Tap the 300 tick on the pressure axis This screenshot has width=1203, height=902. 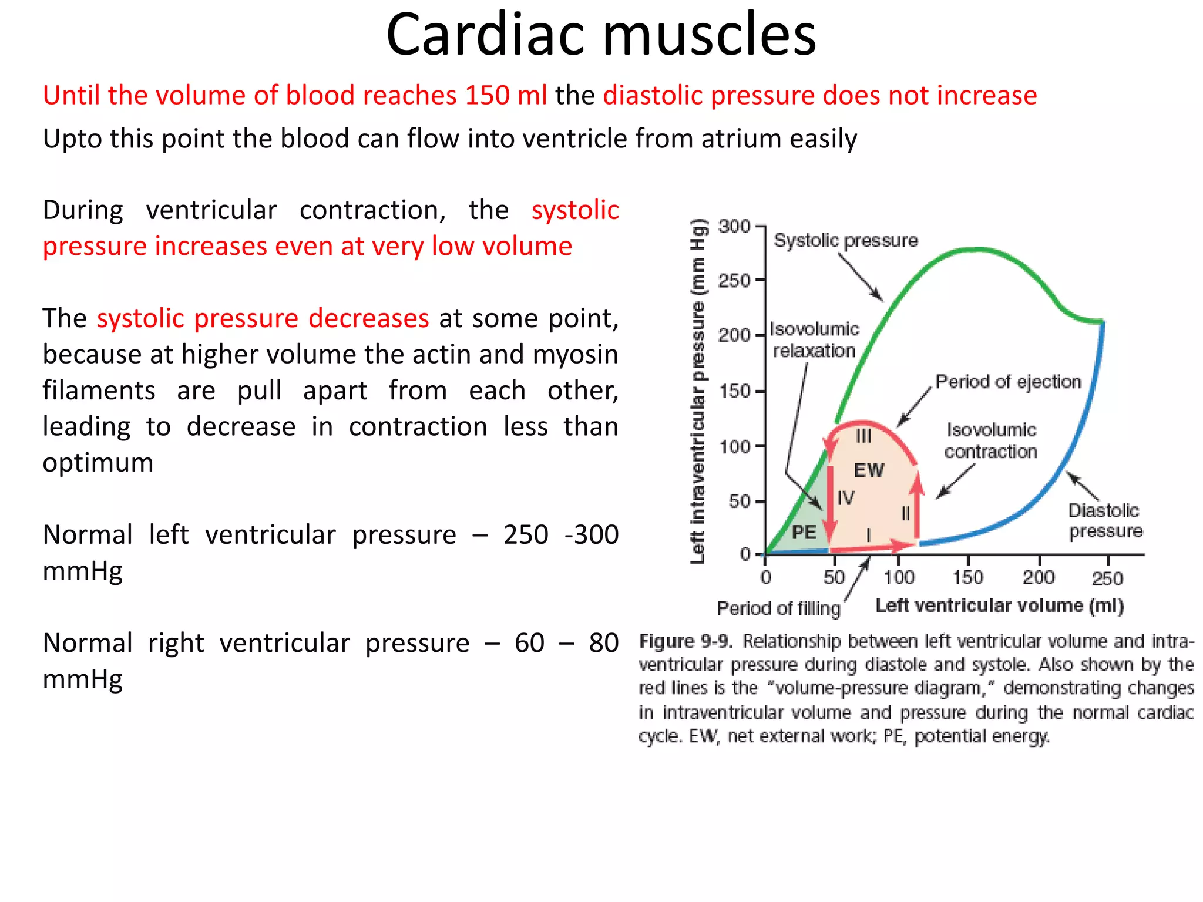click(734, 227)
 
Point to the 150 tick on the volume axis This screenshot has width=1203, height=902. click(967, 577)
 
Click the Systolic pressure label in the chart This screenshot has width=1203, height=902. click(845, 241)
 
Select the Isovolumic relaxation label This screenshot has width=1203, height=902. click(814, 340)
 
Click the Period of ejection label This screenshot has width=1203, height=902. click(1008, 382)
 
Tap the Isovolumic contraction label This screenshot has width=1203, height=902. click(990, 440)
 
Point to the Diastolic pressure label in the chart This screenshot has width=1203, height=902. click(1105, 521)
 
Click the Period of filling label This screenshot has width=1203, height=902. click(778, 608)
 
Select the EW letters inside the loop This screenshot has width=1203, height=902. click(868, 470)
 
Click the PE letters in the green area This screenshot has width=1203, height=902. click(804, 533)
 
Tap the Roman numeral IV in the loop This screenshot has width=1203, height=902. click(845, 499)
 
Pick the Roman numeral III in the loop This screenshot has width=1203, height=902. click(863, 436)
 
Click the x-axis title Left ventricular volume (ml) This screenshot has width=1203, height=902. click(999, 605)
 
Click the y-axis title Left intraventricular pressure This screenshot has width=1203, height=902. click(697, 391)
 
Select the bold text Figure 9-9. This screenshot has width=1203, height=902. click(685, 641)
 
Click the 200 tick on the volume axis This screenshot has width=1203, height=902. click(1038, 577)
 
